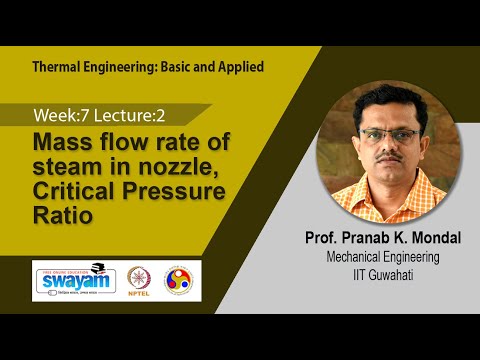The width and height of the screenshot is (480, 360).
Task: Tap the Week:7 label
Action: [x=60, y=114]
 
